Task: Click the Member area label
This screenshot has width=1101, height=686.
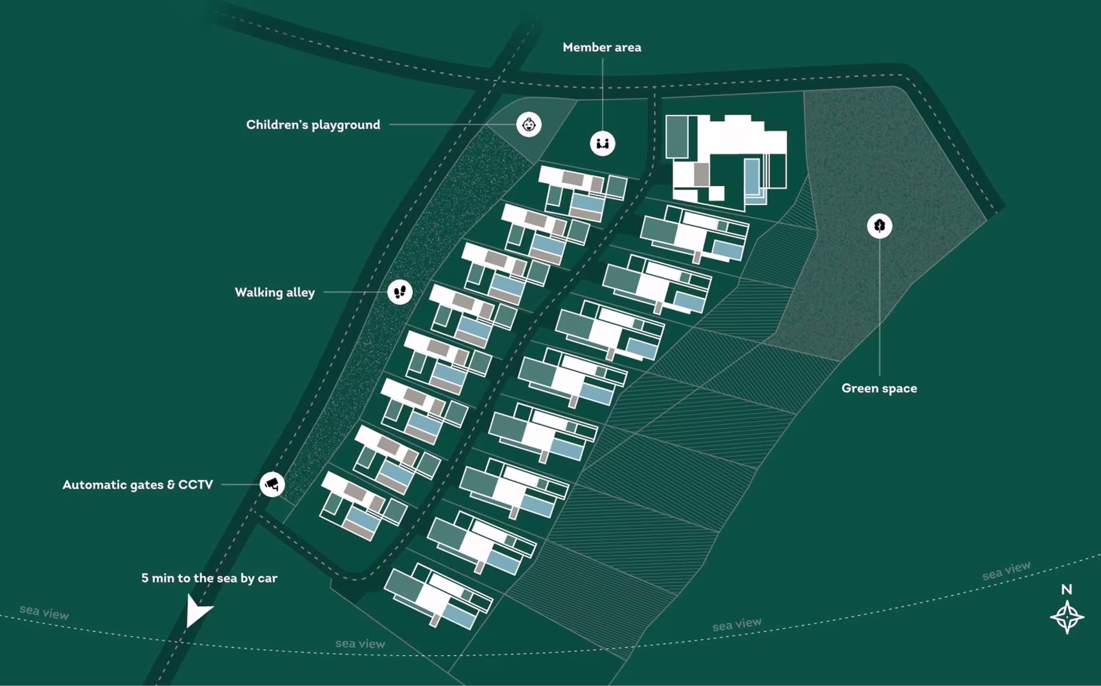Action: [x=602, y=47]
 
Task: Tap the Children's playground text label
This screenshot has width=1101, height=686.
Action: [x=313, y=125]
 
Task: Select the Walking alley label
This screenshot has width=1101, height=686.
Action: [x=275, y=292]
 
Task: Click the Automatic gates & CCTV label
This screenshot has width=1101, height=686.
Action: [x=138, y=485]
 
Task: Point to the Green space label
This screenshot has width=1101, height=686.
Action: [x=879, y=388]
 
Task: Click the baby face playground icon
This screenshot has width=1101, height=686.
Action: [x=529, y=124]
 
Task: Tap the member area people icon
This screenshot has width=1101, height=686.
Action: [x=602, y=144]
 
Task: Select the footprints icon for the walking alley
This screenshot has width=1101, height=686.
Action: [x=400, y=292]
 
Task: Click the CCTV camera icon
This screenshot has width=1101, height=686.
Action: [x=272, y=484]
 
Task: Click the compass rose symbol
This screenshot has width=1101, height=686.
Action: [x=1067, y=617]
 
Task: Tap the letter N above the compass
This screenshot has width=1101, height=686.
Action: [x=1067, y=589]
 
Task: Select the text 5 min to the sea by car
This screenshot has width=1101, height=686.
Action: [x=209, y=578]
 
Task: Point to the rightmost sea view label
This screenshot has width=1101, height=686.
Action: [x=1006, y=571]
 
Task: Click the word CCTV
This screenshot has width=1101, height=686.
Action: [x=196, y=485]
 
